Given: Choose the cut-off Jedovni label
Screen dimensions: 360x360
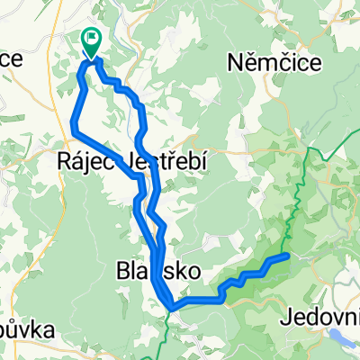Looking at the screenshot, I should point(319,316).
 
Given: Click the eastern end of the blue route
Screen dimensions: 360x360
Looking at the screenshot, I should point(287,256).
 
